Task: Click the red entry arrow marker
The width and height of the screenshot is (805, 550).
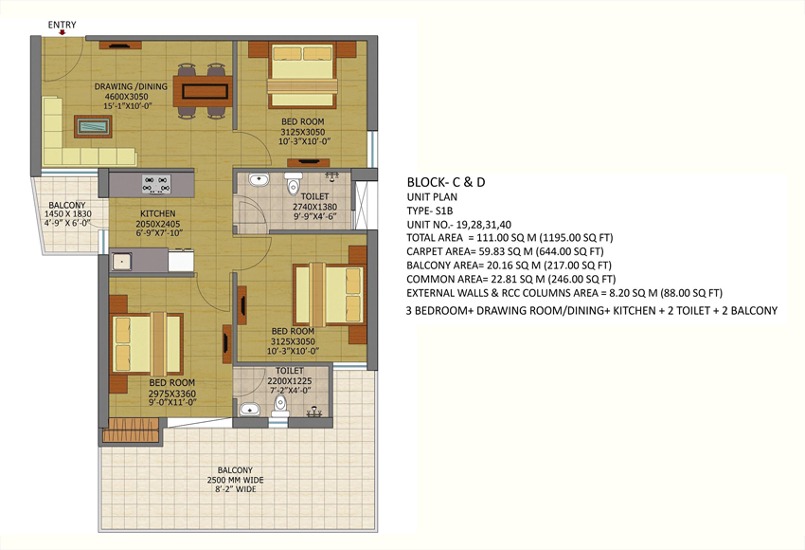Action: click(63, 32)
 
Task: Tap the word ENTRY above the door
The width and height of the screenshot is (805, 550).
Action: click(63, 25)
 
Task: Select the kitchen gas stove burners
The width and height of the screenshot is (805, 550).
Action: click(156, 185)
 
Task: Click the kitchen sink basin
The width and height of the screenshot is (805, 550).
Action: click(121, 261)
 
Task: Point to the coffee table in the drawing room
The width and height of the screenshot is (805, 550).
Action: click(93, 126)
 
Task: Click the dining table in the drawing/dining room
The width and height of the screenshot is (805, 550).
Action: click(203, 91)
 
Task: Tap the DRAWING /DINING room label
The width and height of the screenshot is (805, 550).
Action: click(131, 86)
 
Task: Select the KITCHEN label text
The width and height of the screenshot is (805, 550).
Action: click(158, 213)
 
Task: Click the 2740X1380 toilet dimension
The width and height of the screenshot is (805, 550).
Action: click(314, 207)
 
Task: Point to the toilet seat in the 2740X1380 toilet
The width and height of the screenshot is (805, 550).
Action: click(294, 184)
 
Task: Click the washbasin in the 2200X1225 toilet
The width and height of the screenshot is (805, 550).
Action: click(249, 410)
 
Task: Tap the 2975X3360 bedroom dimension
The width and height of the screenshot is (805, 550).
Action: click(172, 394)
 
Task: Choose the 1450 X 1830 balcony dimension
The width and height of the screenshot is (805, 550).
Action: click(68, 213)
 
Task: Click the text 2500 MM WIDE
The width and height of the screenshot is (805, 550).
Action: click(235, 480)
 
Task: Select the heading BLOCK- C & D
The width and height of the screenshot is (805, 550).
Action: click(446, 182)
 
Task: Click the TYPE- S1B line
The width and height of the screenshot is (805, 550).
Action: click(430, 211)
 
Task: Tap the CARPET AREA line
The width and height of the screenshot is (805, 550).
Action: click(505, 251)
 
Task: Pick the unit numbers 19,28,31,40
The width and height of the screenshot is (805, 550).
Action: click(487, 225)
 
